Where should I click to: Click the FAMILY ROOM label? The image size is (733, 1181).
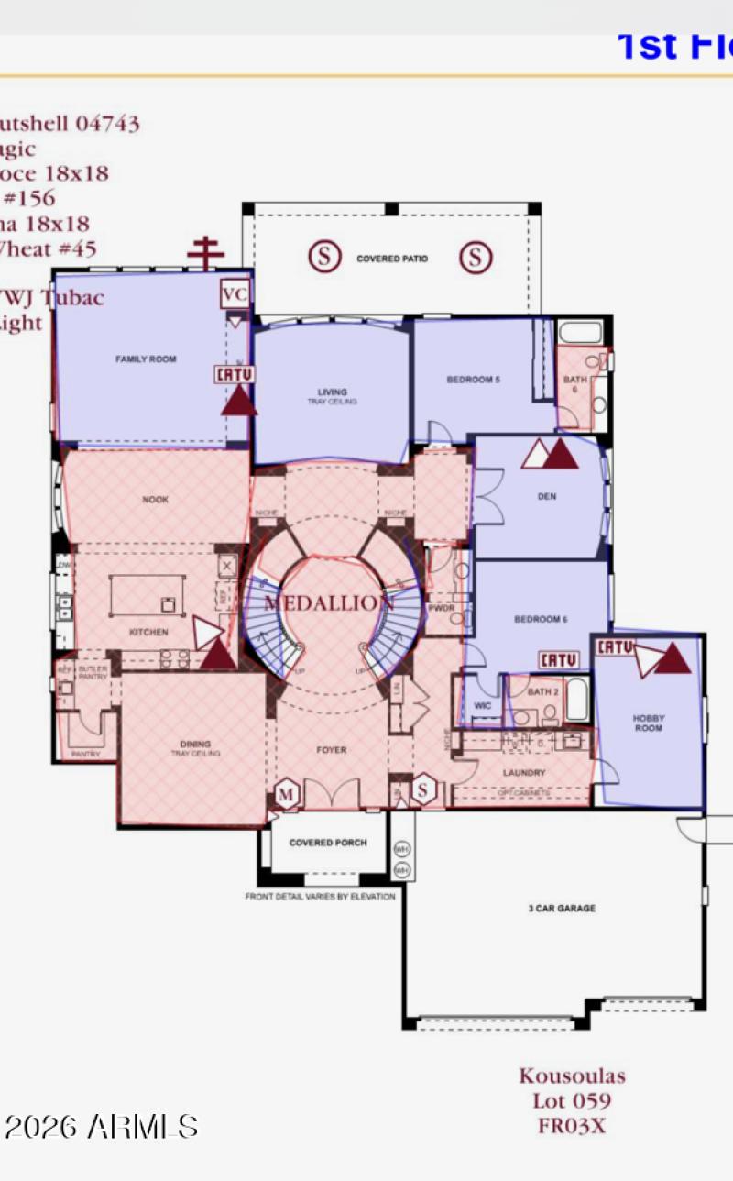[x=146, y=359]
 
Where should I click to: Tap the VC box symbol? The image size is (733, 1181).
[x=235, y=295]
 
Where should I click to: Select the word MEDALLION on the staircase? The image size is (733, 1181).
[x=329, y=602]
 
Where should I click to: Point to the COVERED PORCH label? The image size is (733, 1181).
[x=328, y=843]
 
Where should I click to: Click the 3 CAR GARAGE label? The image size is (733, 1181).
[x=562, y=908]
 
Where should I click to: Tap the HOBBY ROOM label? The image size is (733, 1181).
[x=648, y=723]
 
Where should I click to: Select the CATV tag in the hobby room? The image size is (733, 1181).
[x=616, y=647]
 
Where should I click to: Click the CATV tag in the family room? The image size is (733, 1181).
[x=235, y=374]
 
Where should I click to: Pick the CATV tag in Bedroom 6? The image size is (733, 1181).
[x=557, y=659]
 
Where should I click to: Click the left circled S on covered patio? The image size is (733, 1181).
[x=323, y=257]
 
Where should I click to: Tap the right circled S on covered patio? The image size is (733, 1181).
[x=475, y=257]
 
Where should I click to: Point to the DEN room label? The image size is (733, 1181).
[x=547, y=497]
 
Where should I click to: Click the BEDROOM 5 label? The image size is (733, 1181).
[x=473, y=380]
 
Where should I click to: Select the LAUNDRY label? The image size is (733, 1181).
[x=524, y=773]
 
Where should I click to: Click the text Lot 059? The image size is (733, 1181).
[x=572, y=1101]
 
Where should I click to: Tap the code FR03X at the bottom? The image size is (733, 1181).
[x=572, y=1126]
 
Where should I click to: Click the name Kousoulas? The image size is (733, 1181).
[x=572, y=1076]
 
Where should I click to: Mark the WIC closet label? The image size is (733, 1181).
[x=482, y=706]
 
